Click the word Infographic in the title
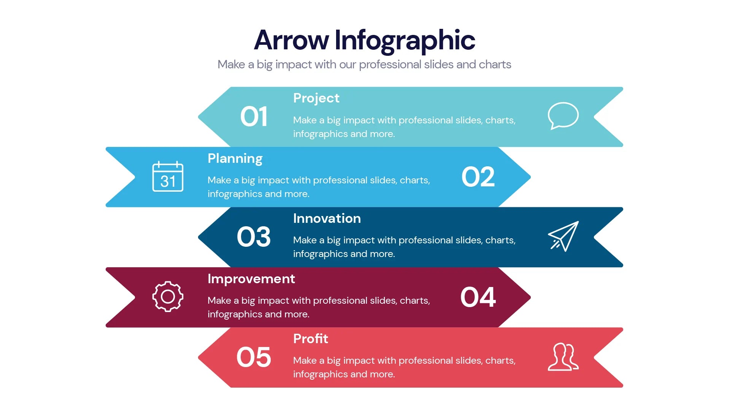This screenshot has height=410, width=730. [x=405, y=41]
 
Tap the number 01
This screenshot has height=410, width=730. [x=254, y=117]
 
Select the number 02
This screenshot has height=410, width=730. [x=478, y=177]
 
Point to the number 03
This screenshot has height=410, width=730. [x=254, y=237]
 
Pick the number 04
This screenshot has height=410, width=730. [x=478, y=297]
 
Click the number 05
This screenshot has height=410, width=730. [x=254, y=357]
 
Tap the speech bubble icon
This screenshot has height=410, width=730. [x=563, y=115]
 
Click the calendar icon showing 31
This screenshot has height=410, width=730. [x=168, y=177]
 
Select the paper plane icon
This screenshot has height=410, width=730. [x=563, y=236]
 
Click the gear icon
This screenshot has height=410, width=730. [x=168, y=296]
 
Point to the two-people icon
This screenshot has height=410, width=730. [x=563, y=357]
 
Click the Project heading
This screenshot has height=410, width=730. [x=316, y=98]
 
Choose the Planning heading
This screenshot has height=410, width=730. [x=235, y=158]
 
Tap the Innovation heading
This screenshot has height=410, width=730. [x=327, y=218]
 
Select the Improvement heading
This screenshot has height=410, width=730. [x=251, y=279]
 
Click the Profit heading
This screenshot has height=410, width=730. [x=310, y=339]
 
